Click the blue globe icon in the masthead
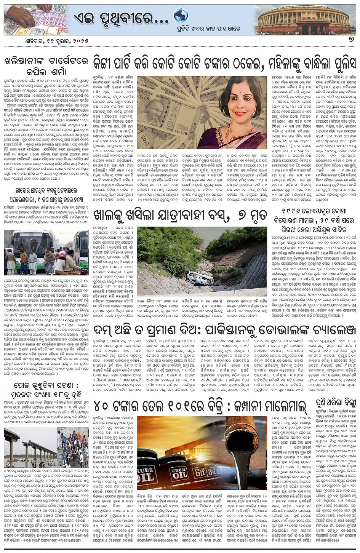pos(181,16)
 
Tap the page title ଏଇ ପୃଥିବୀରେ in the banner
pos(120,17)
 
